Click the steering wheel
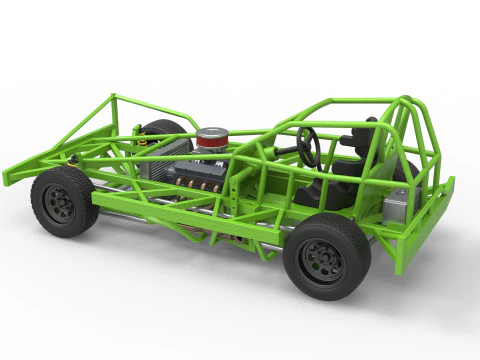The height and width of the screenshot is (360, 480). click(308, 146)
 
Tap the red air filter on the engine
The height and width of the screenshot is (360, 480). click(211, 140)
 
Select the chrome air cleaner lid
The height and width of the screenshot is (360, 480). click(212, 131)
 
